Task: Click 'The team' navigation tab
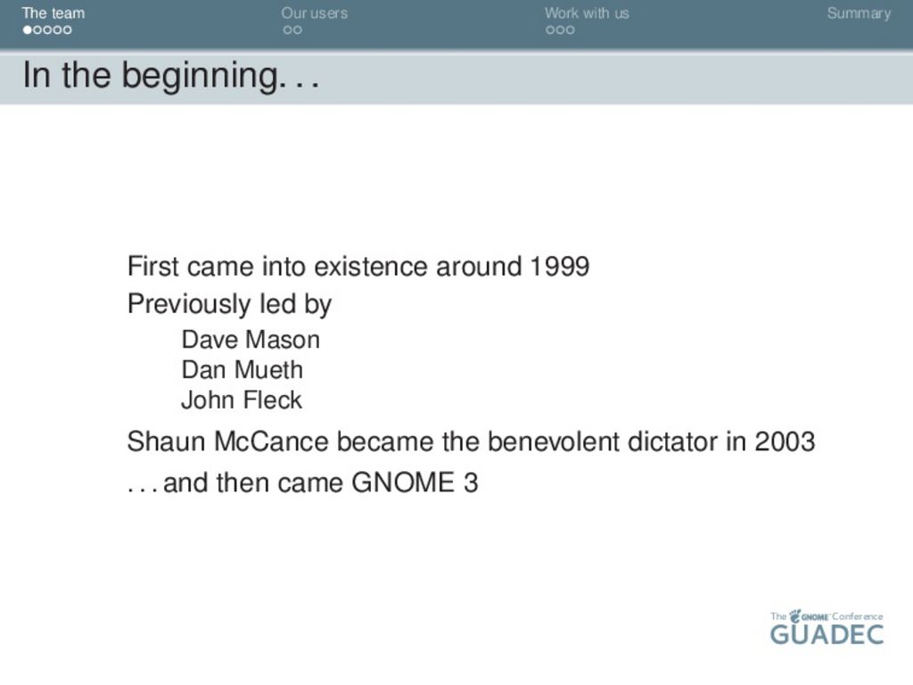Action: [53, 12]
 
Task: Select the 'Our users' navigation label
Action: [315, 12]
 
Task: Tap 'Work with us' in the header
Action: [587, 12]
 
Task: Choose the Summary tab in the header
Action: [859, 13]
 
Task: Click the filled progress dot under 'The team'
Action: [28, 29]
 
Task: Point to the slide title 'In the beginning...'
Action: [171, 76]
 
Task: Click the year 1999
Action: [560, 266]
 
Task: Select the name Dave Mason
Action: [251, 340]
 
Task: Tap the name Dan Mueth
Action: [243, 370]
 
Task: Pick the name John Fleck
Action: [242, 400]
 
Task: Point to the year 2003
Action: [785, 442]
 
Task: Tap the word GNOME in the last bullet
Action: [403, 483]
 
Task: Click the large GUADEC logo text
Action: [827, 634]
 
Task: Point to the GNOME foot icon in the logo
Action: [794, 616]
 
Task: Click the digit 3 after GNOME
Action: [471, 483]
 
